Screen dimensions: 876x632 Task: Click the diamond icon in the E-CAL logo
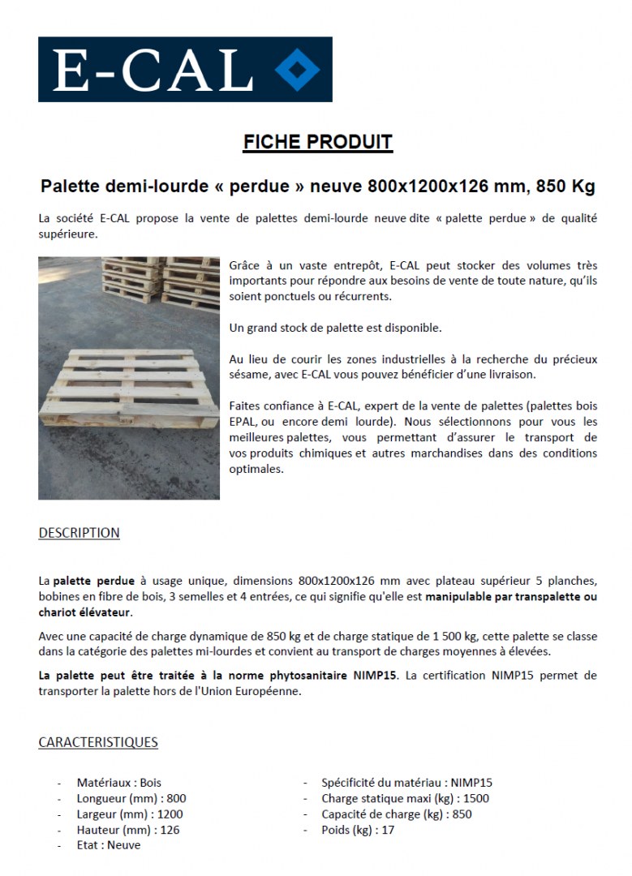(298, 70)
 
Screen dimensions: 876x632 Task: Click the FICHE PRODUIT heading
(317, 142)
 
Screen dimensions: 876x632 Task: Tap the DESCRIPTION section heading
(79, 533)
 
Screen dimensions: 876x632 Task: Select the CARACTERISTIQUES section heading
(98, 742)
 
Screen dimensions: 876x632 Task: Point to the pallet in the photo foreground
(130, 388)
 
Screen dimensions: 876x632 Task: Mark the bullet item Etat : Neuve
(109, 845)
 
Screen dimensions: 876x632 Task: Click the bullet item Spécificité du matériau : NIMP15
(406, 783)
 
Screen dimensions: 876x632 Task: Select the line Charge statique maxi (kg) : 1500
(405, 798)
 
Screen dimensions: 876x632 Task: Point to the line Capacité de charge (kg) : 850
(396, 814)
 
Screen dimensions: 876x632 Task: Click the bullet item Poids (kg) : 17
(358, 830)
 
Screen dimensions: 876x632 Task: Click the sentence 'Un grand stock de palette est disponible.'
(336, 328)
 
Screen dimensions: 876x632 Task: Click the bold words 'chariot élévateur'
(84, 612)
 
